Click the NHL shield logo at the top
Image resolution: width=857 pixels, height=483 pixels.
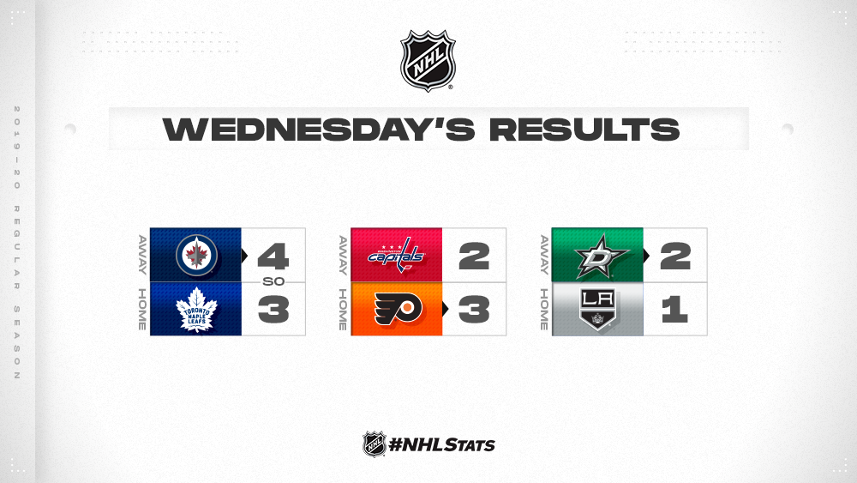click(x=428, y=61)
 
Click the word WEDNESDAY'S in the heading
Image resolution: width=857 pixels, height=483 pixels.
click(x=319, y=129)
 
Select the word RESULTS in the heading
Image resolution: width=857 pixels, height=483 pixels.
click(x=584, y=130)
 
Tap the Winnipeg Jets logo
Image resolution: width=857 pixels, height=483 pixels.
click(x=196, y=255)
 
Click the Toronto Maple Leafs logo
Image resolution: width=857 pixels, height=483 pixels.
click(x=196, y=310)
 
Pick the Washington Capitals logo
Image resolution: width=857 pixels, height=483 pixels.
click(x=396, y=256)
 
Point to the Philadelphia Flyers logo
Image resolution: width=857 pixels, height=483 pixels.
click(x=398, y=309)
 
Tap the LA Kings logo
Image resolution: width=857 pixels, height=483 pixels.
click(x=597, y=310)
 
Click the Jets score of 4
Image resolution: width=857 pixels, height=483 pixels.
click(x=273, y=256)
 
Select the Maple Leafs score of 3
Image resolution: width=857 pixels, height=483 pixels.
click(x=273, y=310)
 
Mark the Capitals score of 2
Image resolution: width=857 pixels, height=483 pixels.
click(x=474, y=256)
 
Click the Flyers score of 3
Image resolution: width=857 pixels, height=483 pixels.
click(x=474, y=310)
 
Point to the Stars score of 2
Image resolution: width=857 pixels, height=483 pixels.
click(x=675, y=256)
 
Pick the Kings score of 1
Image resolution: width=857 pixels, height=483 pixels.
click(x=674, y=310)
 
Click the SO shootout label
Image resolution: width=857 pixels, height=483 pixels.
click(x=273, y=281)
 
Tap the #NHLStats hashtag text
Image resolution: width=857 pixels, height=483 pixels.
click(x=441, y=444)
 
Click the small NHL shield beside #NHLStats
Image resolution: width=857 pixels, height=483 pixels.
click(x=375, y=444)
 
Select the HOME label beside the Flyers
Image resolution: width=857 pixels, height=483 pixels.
click(x=343, y=310)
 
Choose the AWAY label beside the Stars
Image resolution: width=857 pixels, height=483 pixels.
click(x=544, y=255)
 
